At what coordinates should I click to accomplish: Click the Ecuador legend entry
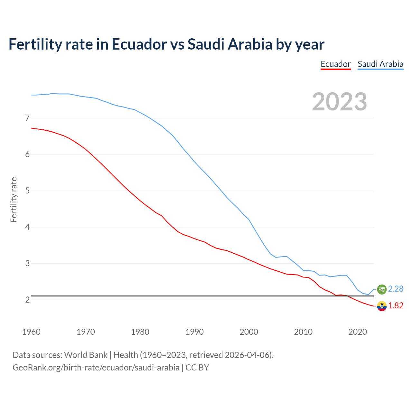(335, 64)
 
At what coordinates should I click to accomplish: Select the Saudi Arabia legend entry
(380, 64)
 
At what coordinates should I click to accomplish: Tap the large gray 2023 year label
(339, 102)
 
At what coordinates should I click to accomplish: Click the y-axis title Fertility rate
(14, 200)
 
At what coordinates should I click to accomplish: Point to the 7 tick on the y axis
(27, 118)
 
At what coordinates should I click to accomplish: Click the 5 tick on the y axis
(27, 191)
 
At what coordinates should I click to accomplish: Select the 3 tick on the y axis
(27, 264)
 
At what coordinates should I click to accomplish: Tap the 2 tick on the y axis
(27, 300)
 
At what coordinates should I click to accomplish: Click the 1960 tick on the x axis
(31, 332)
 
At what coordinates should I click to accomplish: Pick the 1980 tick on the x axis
(140, 332)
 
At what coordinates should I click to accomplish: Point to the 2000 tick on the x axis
(249, 332)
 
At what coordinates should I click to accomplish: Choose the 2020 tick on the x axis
(358, 332)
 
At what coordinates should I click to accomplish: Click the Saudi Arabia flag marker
(382, 289)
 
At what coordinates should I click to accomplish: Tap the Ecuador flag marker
(382, 306)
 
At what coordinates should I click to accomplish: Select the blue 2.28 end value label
(396, 289)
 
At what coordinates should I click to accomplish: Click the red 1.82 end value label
(396, 306)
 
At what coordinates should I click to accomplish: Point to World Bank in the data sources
(86, 355)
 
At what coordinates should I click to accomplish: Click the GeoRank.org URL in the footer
(96, 368)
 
